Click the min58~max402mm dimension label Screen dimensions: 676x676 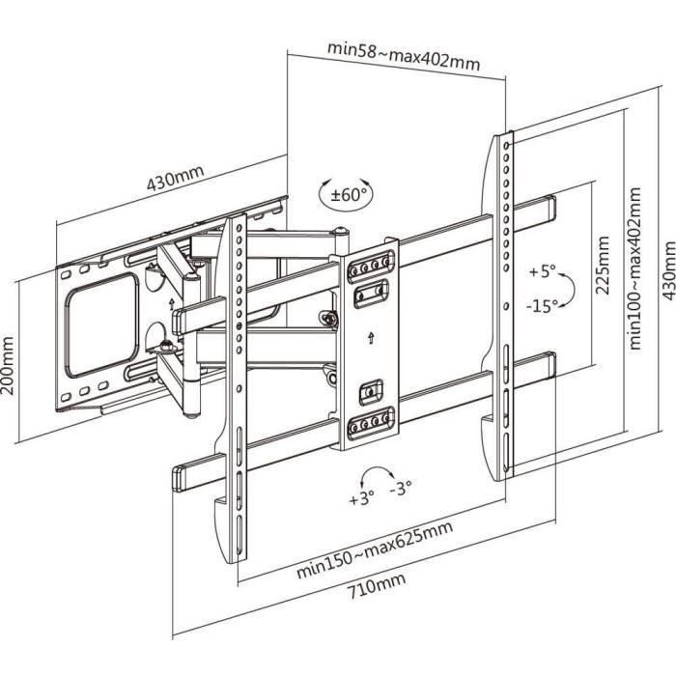pyautogui.click(x=404, y=56)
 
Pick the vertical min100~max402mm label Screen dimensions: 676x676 pyautogui.click(x=634, y=268)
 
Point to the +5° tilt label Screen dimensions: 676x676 pyautogui.click(x=544, y=271)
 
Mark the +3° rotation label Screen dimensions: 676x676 pyautogui.click(x=361, y=500)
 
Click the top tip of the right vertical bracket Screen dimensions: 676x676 pyautogui.click(x=505, y=136)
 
